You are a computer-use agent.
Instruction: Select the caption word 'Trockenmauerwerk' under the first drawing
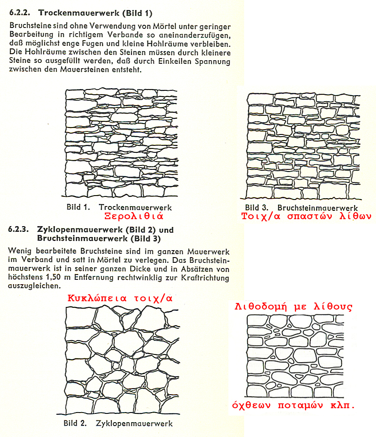[135, 207]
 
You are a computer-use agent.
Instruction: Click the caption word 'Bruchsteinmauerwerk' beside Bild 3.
[317, 208]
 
